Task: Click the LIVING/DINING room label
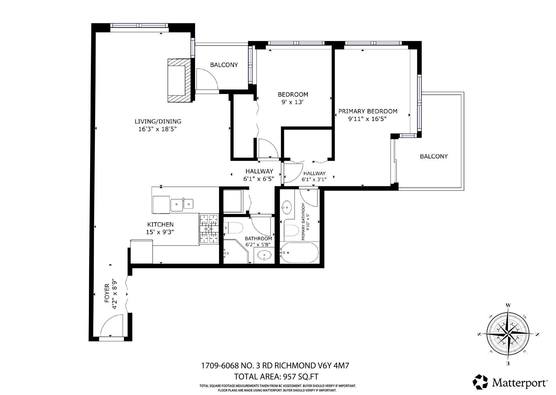pos(158,121)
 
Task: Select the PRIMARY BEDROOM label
pos(368,111)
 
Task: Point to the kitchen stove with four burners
pos(209,229)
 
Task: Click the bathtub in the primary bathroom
pos(299,252)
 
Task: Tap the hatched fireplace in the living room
pos(180,80)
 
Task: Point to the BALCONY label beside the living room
pos(224,65)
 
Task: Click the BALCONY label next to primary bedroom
pos(433,157)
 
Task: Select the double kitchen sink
pos(182,204)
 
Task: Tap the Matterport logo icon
pos(480,382)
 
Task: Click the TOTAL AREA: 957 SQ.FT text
pos(276,377)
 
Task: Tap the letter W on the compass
pos(508,305)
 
